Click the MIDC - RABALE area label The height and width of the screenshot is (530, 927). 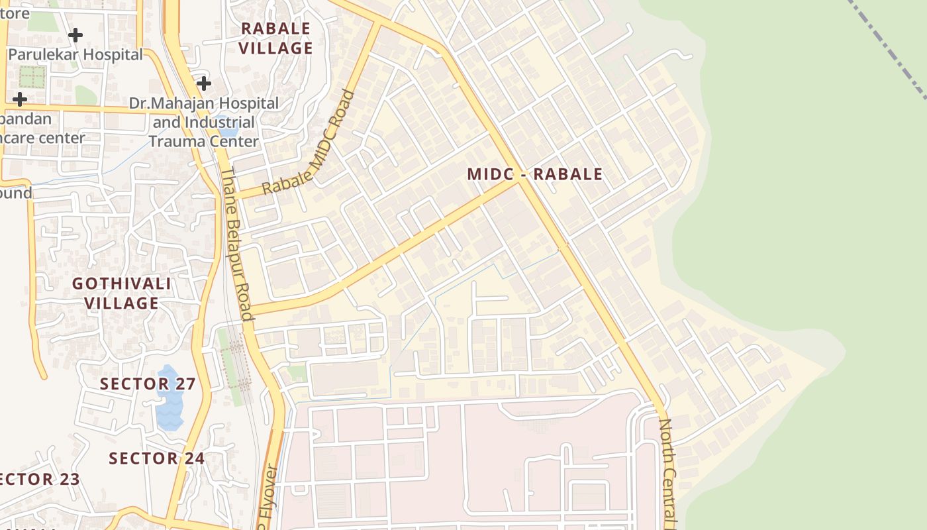click(535, 174)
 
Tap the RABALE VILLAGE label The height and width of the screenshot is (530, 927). click(275, 38)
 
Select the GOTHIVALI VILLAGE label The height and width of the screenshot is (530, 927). click(122, 293)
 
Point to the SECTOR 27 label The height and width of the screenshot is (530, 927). click(148, 384)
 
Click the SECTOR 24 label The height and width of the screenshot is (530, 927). click(156, 458)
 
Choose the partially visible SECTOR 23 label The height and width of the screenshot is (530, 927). click(40, 480)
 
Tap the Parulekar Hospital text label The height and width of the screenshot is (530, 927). click(75, 54)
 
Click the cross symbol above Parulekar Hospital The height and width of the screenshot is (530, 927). click(75, 34)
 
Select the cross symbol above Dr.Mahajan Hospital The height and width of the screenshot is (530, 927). click(203, 83)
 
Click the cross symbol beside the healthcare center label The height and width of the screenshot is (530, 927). click(20, 99)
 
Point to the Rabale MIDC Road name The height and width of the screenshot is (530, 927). click(309, 142)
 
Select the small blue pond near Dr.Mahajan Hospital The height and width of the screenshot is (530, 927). click(223, 124)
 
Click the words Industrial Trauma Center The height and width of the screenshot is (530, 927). click(203, 132)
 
